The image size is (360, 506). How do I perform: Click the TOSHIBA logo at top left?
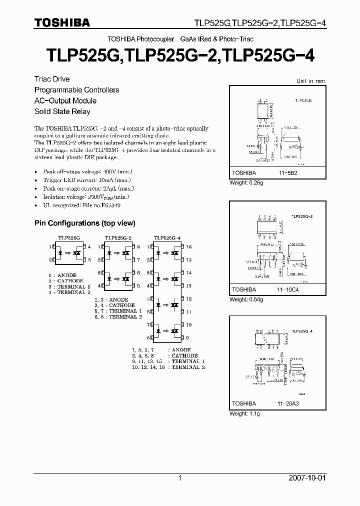(62, 22)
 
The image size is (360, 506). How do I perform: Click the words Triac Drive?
(52, 79)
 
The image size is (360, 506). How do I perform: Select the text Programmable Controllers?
(76, 90)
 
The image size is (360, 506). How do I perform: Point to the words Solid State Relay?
(62, 111)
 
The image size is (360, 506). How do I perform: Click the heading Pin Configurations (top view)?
(84, 223)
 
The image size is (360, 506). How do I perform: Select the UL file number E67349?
(111, 205)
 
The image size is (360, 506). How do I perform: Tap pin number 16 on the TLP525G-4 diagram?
(189, 247)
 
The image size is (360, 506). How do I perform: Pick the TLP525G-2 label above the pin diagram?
(118, 238)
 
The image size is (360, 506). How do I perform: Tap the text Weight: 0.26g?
(246, 182)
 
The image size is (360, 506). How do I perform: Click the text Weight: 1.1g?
(244, 414)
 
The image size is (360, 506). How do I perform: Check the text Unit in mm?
(310, 81)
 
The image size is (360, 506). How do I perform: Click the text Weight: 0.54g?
(246, 299)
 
